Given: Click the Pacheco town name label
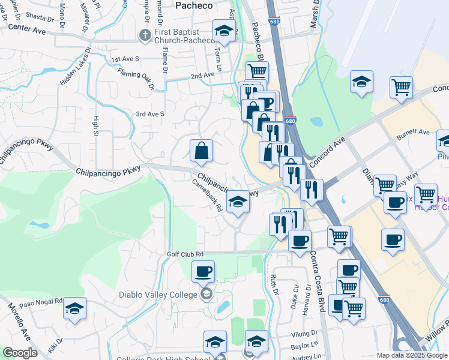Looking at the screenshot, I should click(194, 5).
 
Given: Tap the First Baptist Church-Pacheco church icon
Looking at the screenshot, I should click(145, 35).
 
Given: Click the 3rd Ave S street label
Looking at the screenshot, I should click(150, 114).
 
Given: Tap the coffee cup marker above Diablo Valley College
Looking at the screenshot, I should click(203, 271).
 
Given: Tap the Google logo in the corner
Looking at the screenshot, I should click(20, 353).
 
